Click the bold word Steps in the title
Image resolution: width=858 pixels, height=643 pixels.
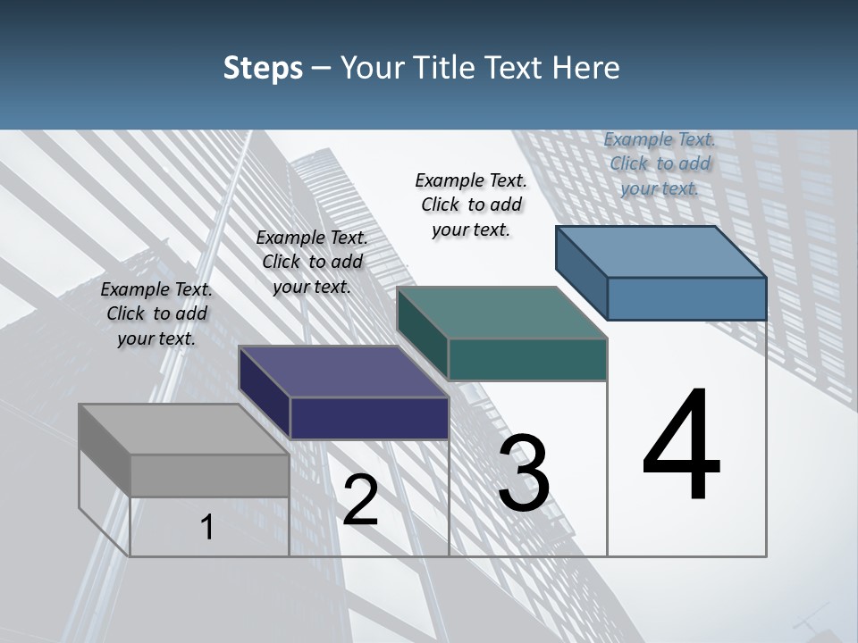pyautogui.click(x=263, y=68)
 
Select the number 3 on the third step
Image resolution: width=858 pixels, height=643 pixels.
pyautogui.click(x=523, y=473)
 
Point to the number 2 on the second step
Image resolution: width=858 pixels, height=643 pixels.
pyautogui.click(x=360, y=501)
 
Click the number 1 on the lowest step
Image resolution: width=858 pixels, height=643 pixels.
pyautogui.click(x=206, y=528)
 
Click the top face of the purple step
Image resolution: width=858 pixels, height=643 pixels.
pyautogui.click(x=343, y=372)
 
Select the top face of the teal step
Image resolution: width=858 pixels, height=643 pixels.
pyautogui.click(x=501, y=313)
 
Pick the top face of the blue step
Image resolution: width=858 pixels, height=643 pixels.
pyautogui.click(x=661, y=252)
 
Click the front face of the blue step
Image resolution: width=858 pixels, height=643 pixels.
pyautogui.click(x=686, y=298)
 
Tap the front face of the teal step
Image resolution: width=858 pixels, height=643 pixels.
pyautogui.click(x=527, y=359)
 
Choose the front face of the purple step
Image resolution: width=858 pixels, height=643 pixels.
pyautogui.click(x=369, y=418)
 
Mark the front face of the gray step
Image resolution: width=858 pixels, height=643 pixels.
pyautogui.click(x=209, y=475)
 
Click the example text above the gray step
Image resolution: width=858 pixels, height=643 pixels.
pyautogui.click(x=157, y=313)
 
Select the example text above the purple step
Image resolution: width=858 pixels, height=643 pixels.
pyautogui.click(x=312, y=262)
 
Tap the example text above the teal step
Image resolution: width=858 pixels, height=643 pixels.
pyautogui.click(x=471, y=205)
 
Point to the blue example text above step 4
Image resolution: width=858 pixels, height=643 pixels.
pyautogui.click(x=660, y=163)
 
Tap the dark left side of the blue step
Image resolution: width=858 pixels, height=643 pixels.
pyautogui.click(x=581, y=271)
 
